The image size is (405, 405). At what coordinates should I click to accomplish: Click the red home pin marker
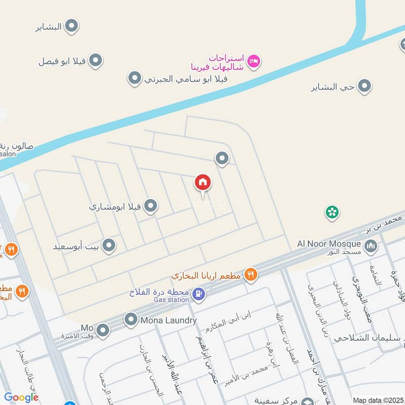[x=203, y=183]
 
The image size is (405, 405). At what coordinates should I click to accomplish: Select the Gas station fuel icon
[x=199, y=293]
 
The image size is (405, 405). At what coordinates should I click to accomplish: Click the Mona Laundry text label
[x=169, y=320]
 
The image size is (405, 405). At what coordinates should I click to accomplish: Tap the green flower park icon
[x=332, y=213]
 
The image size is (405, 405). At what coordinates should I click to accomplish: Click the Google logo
[x=21, y=398]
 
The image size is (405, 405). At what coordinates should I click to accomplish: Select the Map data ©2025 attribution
[x=378, y=400]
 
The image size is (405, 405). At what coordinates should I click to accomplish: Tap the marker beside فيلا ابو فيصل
[x=95, y=61]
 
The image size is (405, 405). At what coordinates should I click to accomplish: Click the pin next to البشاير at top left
[x=72, y=26]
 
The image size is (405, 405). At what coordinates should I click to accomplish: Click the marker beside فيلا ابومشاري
[x=150, y=206]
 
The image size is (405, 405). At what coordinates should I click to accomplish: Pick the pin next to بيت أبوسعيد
[x=108, y=247]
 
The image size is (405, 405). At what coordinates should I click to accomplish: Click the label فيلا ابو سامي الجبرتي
[x=185, y=78]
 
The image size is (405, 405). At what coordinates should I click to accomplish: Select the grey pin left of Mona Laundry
[x=131, y=319]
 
